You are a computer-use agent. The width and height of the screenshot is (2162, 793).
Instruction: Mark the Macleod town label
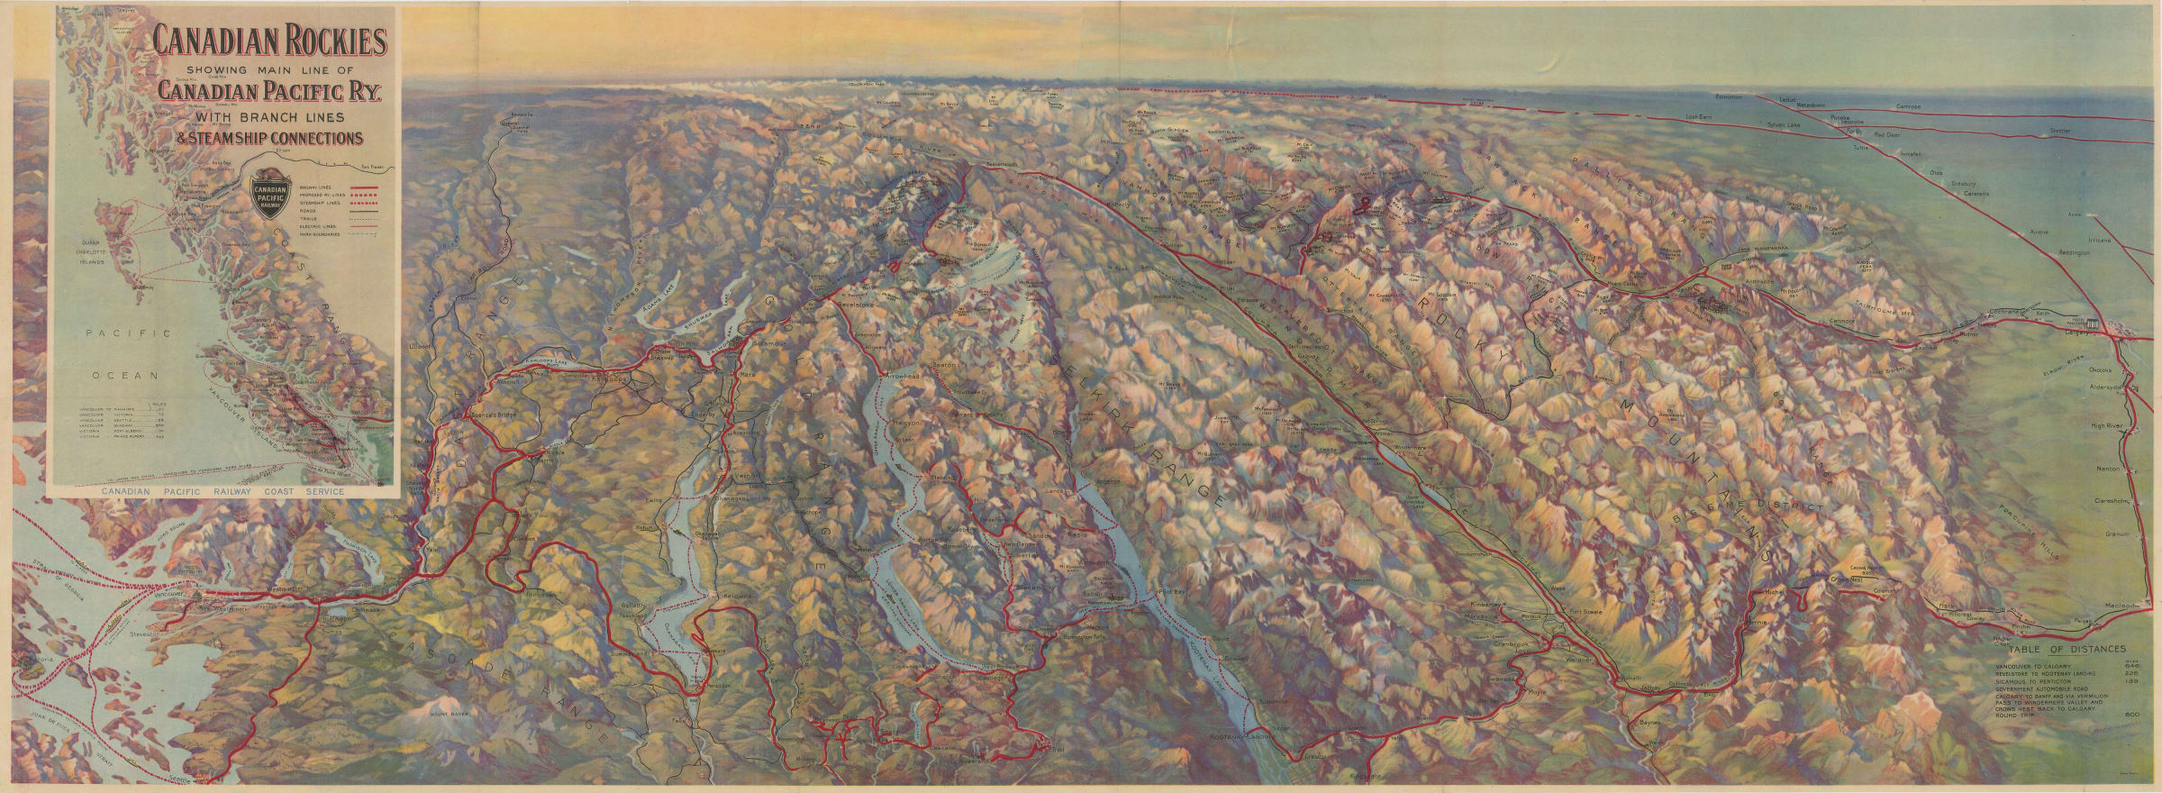[2131, 606]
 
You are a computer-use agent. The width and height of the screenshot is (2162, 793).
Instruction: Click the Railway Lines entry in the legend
[319, 187]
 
